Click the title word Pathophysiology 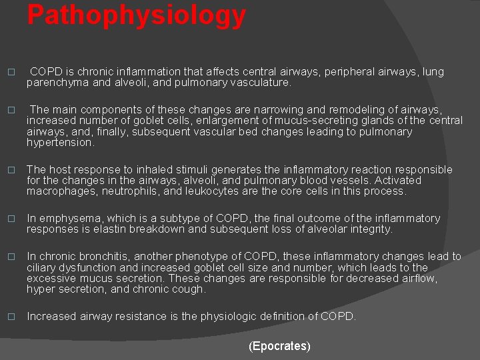pyautogui.click(x=136, y=15)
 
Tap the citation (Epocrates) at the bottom pyautogui.click(x=279, y=346)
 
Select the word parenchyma pyautogui.click(x=56, y=83)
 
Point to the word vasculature pyautogui.click(x=259, y=83)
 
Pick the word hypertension pyautogui.click(x=61, y=142)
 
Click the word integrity pyautogui.click(x=370, y=229)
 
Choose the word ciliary pyautogui.click(x=41, y=267)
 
